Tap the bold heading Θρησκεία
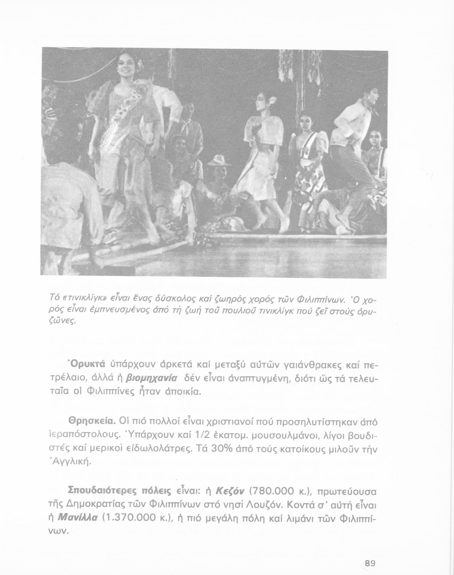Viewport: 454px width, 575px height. pos(92,421)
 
